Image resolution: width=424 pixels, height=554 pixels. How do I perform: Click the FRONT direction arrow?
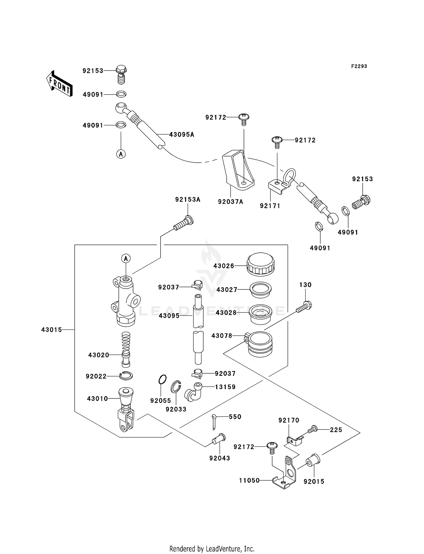(x=59, y=84)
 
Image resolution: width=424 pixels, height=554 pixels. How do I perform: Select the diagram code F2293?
(x=359, y=66)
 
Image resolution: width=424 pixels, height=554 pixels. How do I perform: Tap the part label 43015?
(x=51, y=330)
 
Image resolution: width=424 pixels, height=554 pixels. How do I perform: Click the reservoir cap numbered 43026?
(x=261, y=264)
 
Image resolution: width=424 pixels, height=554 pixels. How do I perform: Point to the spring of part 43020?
(x=126, y=343)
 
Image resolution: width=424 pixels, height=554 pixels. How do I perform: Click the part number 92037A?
(x=230, y=202)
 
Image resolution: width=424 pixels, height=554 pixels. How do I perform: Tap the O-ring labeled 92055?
(x=163, y=379)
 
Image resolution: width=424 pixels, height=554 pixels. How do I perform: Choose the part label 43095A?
(x=181, y=135)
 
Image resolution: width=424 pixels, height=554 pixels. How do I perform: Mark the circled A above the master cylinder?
(x=126, y=258)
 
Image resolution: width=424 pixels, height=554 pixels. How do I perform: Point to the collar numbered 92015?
(x=313, y=461)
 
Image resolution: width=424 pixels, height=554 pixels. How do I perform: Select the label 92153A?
(x=188, y=200)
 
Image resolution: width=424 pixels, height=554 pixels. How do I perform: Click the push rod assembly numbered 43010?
(x=126, y=409)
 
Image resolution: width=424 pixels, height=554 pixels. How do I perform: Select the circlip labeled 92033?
(x=176, y=387)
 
